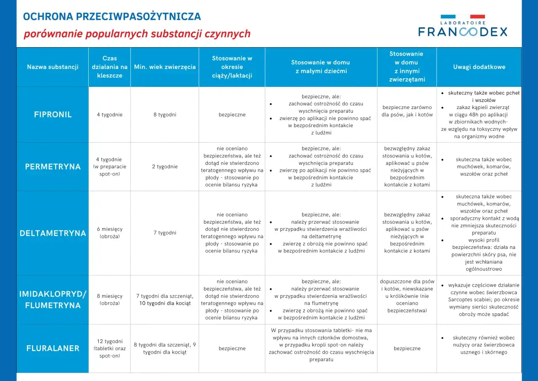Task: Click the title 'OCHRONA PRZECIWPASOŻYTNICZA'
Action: [x=112, y=17]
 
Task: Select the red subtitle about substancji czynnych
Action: [x=137, y=34]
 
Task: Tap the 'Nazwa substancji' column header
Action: [x=53, y=67]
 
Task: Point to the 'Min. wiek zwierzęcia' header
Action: [x=165, y=67]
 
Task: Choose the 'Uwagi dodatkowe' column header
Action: [x=479, y=67]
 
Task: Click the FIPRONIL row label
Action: [x=53, y=115]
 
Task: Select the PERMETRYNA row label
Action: [x=53, y=167]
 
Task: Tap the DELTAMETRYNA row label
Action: [x=53, y=233]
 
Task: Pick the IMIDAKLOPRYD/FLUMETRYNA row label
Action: [x=53, y=299]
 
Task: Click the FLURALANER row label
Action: [x=53, y=348]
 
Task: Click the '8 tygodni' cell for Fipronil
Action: [x=165, y=115]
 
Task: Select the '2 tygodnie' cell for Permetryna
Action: [x=165, y=167]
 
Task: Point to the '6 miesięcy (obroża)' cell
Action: [x=109, y=233]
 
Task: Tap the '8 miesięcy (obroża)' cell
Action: [x=109, y=299]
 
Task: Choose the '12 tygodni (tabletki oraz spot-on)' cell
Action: [x=109, y=348]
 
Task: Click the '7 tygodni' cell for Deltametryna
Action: [x=165, y=233]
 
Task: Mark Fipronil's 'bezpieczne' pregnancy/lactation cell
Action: [x=232, y=115]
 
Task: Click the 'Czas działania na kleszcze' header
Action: [x=109, y=67]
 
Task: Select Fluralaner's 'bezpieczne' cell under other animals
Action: [x=407, y=348]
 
